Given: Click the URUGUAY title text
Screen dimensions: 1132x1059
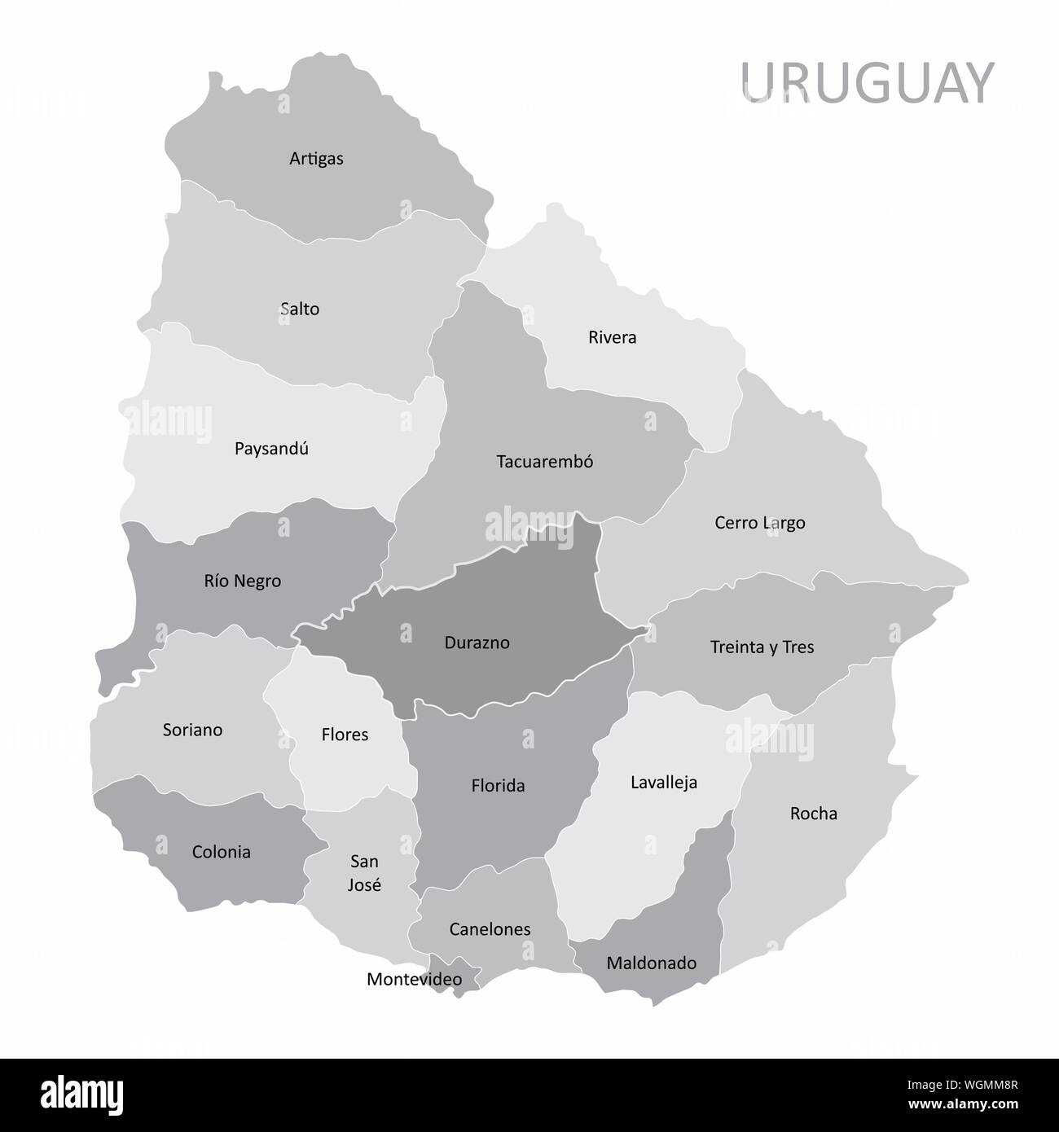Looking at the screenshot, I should click(x=867, y=83).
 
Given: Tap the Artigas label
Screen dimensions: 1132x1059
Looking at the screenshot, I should click(x=316, y=159).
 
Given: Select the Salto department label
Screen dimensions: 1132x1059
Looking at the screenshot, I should click(x=300, y=309).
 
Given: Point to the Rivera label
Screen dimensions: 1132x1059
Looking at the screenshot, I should click(x=612, y=338).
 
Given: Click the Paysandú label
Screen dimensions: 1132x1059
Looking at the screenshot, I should click(x=271, y=449).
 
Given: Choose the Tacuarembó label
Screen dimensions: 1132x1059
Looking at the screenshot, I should click(x=545, y=462).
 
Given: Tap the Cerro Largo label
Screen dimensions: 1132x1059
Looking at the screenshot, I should click(x=759, y=523).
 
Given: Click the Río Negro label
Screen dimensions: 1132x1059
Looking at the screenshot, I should click(x=243, y=581).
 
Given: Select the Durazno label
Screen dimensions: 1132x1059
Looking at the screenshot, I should click(x=477, y=643).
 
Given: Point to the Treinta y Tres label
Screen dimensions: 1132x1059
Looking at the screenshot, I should click(x=762, y=647).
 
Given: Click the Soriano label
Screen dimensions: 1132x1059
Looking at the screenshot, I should click(x=192, y=730).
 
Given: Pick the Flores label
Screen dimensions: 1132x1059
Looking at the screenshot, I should click(x=345, y=735).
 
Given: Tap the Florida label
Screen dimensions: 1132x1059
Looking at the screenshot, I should click(x=498, y=786).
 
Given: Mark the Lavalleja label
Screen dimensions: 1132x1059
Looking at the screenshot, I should click(x=664, y=783).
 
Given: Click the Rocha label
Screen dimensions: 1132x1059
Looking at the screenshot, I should click(x=813, y=814).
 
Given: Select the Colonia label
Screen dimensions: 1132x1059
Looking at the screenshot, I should click(x=221, y=853).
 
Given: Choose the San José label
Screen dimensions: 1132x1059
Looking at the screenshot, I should click(x=364, y=873).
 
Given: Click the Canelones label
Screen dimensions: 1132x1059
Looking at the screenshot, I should click(x=490, y=929).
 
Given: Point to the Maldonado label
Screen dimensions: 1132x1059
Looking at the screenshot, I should click(x=652, y=963).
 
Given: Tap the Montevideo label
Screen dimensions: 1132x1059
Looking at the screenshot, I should click(x=414, y=980).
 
